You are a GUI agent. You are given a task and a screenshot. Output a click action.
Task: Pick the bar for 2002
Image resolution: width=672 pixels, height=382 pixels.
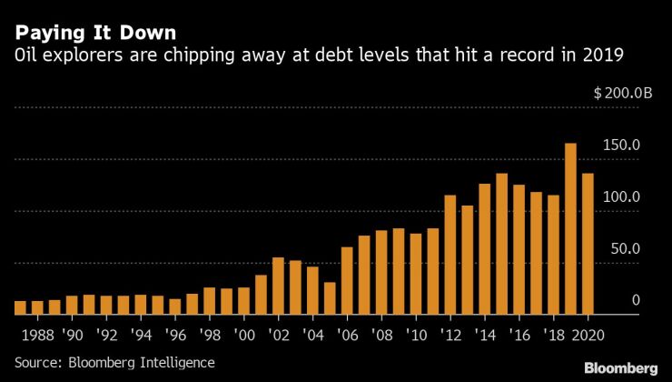click(x=278, y=286)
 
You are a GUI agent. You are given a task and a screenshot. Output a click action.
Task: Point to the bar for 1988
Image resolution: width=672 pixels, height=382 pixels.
click(x=37, y=308)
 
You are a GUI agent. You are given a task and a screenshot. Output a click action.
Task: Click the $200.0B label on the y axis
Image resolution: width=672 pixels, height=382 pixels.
click(x=623, y=93)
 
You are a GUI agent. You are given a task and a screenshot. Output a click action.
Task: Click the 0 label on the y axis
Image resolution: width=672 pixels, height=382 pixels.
click(x=611, y=300)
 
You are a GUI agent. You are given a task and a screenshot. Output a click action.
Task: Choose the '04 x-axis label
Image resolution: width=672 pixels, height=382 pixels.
click(x=311, y=333)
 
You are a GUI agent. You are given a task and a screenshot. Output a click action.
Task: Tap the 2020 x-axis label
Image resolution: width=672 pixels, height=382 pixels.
click(x=588, y=333)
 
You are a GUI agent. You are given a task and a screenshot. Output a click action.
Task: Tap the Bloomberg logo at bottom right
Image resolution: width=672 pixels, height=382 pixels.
click(x=619, y=367)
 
